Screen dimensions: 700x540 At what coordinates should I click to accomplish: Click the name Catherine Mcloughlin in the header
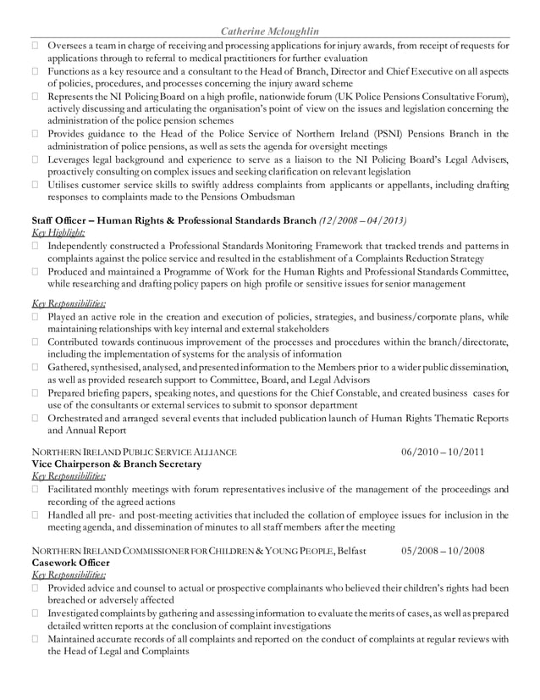[x=269, y=31]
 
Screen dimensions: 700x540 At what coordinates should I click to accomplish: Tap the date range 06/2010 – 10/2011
[x=443, y=452]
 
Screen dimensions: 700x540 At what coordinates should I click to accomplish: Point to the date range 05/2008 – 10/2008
[x=443, y=551]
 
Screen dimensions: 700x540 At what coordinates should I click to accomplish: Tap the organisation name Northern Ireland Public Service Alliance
[x=134, y=452]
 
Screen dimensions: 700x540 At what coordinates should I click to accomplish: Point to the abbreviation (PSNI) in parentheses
[x=374, y=133]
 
